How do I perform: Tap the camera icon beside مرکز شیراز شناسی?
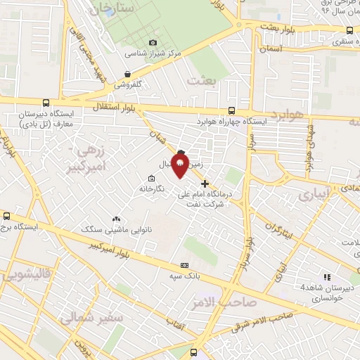click(153, 43)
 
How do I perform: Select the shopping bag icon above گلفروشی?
click(127, 73)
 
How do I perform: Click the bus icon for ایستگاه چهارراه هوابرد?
click(233, 110)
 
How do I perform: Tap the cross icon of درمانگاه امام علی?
click(205, 184)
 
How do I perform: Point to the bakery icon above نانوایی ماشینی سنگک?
click(117, 219)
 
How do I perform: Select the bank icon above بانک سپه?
click(184, 265)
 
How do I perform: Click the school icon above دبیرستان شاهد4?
click(326, 276)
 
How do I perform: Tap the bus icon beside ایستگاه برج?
click(6, 217)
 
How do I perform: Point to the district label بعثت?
click(203, 81)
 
